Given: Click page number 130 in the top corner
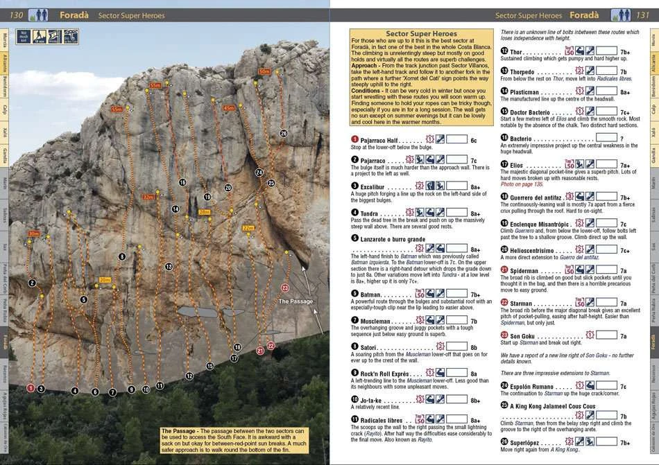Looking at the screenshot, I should pos(17,15).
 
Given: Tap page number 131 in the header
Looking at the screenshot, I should pos(642,15).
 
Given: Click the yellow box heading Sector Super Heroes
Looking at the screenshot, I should pos(420,33).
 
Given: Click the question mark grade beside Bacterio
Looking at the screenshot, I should pos(622,139).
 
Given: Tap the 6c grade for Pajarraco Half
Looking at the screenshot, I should pos(473,140).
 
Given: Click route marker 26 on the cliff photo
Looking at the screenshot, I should pos(283,133).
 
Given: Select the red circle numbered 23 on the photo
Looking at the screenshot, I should pos(284,288).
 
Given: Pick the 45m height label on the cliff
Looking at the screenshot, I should pos(229,108).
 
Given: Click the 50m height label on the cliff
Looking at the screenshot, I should pos(264,71).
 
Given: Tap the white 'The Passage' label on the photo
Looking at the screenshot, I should pos(295,301).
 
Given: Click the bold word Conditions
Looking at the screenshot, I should pos(368,90).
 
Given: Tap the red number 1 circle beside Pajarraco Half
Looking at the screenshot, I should pos(355,140).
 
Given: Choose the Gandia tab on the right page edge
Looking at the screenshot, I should pos(653,156).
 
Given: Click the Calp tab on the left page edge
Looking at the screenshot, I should pos(5,109).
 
